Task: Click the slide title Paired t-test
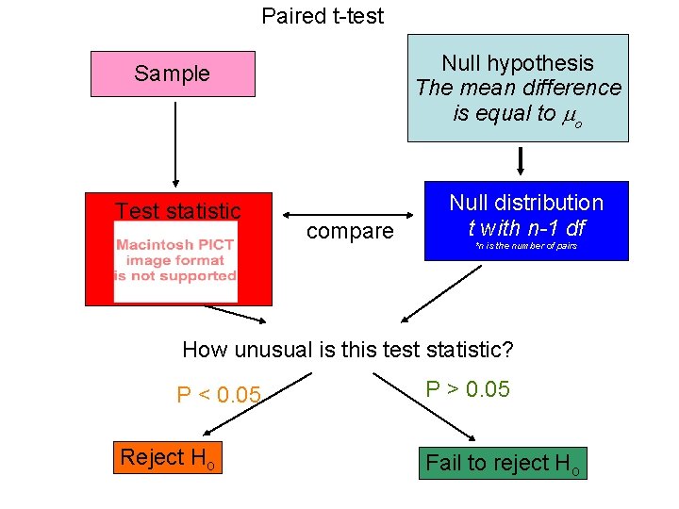point(323,16)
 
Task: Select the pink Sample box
point(173,74)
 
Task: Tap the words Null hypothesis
point(518,63)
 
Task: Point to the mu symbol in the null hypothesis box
point(569,115)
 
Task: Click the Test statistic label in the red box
point(178,211)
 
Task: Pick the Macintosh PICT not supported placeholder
point(175,261)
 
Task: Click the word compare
point(349,231)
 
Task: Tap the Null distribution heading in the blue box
point(526,203)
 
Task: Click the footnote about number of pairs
point(525,246)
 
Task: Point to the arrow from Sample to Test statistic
point(174,141)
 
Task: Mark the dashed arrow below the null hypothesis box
point(520,160)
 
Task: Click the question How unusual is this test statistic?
point(347,350)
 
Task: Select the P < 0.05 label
point(218,395)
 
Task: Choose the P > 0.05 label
point(468,389)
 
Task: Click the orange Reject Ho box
point(168,458)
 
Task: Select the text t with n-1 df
point(526,227)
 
